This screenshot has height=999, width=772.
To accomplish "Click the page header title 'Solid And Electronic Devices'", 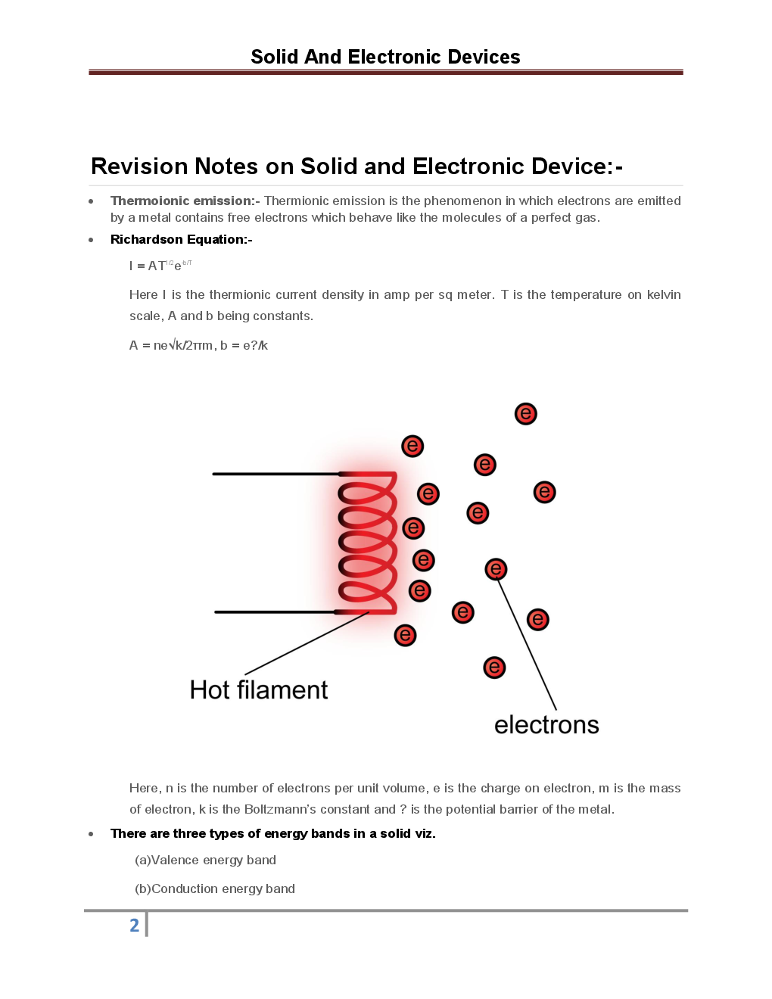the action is [385, 57].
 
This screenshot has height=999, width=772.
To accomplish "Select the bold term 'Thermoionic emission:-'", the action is [185, 201].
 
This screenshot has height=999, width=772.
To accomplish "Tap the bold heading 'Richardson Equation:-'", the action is [181, 239].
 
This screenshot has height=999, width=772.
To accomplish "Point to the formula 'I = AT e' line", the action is [160, 266].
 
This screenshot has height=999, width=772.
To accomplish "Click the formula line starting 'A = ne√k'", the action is [198, 345].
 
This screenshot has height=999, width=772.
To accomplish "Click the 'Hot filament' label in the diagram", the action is [259, 689].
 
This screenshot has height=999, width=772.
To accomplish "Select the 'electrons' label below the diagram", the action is [546, 724].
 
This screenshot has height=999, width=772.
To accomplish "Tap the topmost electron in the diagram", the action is [525, 414].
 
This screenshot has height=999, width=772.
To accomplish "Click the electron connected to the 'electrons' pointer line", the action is [496, 569].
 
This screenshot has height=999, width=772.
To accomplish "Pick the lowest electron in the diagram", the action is [494, 668].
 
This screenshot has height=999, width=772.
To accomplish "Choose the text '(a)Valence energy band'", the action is [205, 860].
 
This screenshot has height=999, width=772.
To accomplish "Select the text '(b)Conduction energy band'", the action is [215, 889].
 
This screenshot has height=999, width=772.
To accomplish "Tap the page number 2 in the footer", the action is [135, 925].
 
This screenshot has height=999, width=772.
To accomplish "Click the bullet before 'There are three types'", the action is [91, 834].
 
